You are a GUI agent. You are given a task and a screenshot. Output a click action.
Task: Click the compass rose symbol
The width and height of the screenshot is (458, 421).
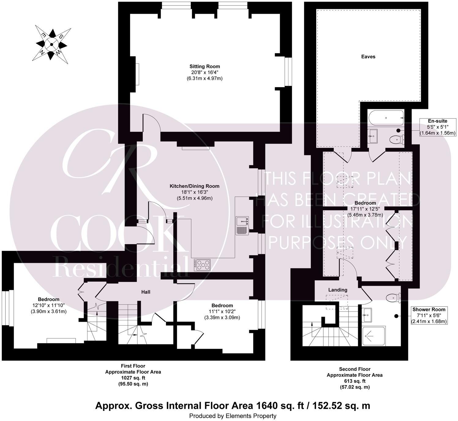(x=52, y=45)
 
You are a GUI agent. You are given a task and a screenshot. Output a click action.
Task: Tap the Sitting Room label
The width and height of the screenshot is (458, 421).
(x=205, y=66)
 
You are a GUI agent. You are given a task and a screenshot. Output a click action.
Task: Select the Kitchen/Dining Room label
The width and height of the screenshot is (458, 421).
(x=194, y=186)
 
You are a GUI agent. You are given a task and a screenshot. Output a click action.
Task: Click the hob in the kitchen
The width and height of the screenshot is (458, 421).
(x=202, y=265)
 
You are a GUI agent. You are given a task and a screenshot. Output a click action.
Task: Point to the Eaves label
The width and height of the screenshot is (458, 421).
(x=368, y=57)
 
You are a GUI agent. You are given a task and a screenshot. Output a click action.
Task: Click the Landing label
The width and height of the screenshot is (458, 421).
(x=338, y=290)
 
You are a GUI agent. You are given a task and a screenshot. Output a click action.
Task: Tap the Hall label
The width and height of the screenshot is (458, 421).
(x=145, y=292)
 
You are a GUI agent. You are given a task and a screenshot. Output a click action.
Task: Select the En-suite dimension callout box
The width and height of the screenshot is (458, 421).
(x=437, y=127)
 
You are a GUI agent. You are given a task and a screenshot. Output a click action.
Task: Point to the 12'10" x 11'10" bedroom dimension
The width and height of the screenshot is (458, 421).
(x=49, y=305)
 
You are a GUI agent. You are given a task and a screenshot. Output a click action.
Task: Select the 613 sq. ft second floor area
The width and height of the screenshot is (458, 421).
(x=355, y=381)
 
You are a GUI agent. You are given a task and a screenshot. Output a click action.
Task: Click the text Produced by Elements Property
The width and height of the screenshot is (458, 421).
(x=233, y=416)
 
